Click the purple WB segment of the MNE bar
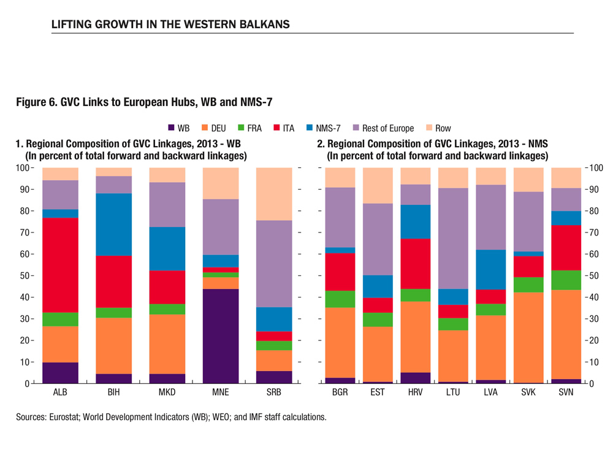(221, 336)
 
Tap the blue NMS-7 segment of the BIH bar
(113, 224)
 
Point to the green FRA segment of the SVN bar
(566, 280)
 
